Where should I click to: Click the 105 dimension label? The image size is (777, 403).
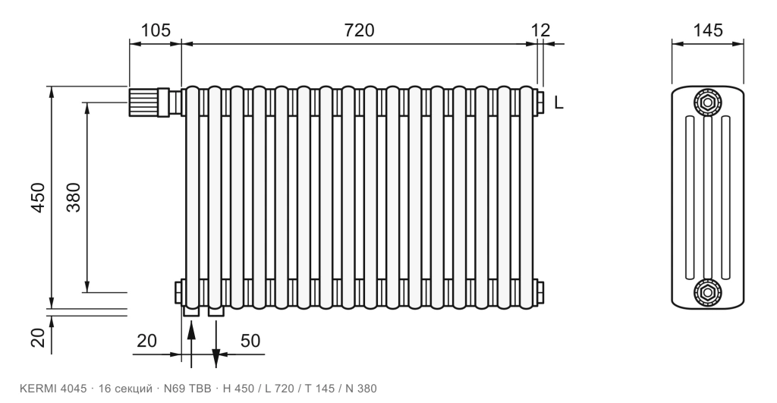pyautogui.click(x=156, y=30)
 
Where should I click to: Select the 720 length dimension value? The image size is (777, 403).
pyautogui.click(x=359, y=30)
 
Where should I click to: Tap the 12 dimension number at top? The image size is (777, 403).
pyautogui.click(x=540, y=30)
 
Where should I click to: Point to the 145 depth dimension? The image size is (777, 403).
pyautogui.click(x=708, y=30)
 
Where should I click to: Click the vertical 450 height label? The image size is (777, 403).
pyautogui.click(x=38, y=198)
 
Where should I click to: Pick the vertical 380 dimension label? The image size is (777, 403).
pyautogui.click(x=74, y=198)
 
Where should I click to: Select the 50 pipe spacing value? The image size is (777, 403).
pyautogui.click(x=250, y=341)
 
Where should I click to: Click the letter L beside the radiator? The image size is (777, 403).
pyautogui.click(x=558, y=102)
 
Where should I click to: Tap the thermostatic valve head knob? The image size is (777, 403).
pyautogui.click(x=143, y=102)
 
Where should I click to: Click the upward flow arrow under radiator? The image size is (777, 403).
pyautogui.click(x=191, y=345)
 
